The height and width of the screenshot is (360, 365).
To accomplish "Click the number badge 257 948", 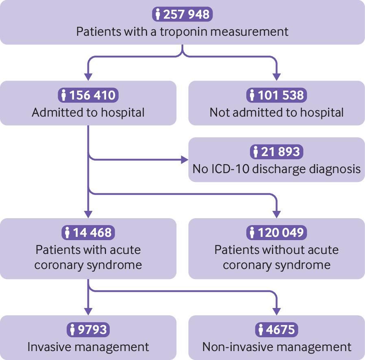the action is tap(182, 14).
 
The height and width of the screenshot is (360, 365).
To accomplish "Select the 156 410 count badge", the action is tap(88, 95).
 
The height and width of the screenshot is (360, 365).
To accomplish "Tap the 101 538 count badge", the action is tap(276, 95).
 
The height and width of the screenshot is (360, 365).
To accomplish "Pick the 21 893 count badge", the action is tap(276, 152).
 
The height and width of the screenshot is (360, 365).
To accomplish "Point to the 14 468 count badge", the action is tap(88, 232).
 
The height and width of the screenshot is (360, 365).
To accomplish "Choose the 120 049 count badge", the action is tap(276, 232).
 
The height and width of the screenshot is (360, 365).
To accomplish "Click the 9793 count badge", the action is tap(88, 330).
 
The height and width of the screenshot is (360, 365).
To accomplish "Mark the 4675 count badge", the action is tap(276, 330).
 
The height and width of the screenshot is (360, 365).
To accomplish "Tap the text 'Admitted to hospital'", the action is tap(88, 113).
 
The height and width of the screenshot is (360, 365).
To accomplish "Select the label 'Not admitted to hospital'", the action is tap(276, 113).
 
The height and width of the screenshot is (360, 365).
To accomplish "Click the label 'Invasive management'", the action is tap(88, 347).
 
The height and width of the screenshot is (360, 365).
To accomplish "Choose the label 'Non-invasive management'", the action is tap(277, 347).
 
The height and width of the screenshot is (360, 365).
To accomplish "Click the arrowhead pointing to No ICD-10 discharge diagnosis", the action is tap(185, 160).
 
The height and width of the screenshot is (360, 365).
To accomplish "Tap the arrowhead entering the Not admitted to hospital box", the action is tap(276, 77).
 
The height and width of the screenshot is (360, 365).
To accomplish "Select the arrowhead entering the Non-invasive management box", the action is tap(276, 312).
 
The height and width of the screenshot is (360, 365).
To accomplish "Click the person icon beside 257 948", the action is tap(158, 15).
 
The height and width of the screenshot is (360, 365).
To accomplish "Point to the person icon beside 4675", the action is tap(261, 330).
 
